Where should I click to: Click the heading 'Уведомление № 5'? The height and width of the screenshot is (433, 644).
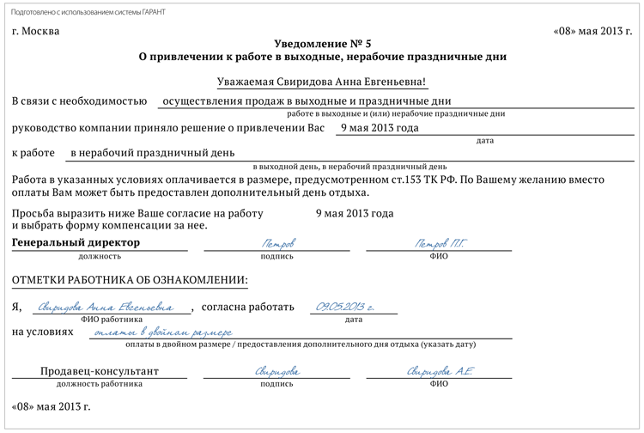click(322, 43)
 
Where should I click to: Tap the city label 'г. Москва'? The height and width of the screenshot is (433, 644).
click(37, 32)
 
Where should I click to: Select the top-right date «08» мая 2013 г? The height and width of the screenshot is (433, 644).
click(594, 32)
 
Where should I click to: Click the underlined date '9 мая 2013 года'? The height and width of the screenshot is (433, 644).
click(380, 128)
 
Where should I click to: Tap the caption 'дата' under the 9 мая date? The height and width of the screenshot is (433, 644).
click(484, 140)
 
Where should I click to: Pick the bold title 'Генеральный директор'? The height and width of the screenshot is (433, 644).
click(76, 243)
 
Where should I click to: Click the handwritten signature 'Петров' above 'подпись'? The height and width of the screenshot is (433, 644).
click(276, 243)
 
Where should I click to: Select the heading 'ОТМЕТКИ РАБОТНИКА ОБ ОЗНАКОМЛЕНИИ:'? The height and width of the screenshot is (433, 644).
click(130, 280)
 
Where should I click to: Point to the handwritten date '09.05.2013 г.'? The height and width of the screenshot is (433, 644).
click(345, 307)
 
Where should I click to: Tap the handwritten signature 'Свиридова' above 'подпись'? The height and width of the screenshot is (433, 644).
click(276, 371)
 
